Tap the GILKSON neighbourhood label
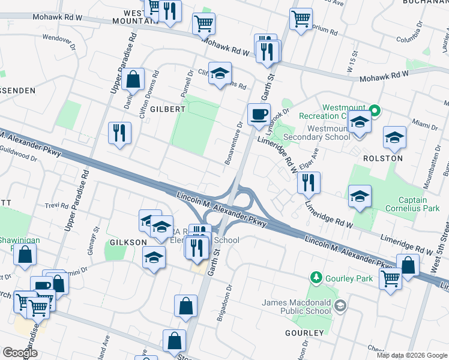click(128, 242)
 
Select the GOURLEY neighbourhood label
click(304, 332)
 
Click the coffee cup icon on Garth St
click(259, 113)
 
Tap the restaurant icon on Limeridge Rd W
click(309, 182)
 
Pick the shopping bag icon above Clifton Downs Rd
click(133, 79)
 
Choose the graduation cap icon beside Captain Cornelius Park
click(360, 196)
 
